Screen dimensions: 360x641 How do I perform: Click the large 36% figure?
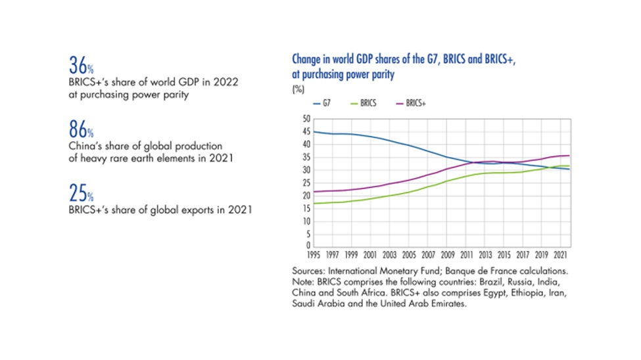(x=80, y=66)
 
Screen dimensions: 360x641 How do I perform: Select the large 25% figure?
(x=80, y=194)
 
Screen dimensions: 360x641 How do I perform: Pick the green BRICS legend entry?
(x=363, y=103)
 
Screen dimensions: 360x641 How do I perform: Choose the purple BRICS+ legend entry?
(x=411, y=103)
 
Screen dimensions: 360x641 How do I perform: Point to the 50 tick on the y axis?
(x=304, y=119)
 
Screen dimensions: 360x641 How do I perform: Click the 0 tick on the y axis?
(x=306, y=246)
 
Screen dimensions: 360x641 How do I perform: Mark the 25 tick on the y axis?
(x=304, y=183)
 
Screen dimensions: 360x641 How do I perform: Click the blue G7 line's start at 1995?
(x=313, y=132)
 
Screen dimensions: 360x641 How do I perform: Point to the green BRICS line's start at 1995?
(x=313, y=203)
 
